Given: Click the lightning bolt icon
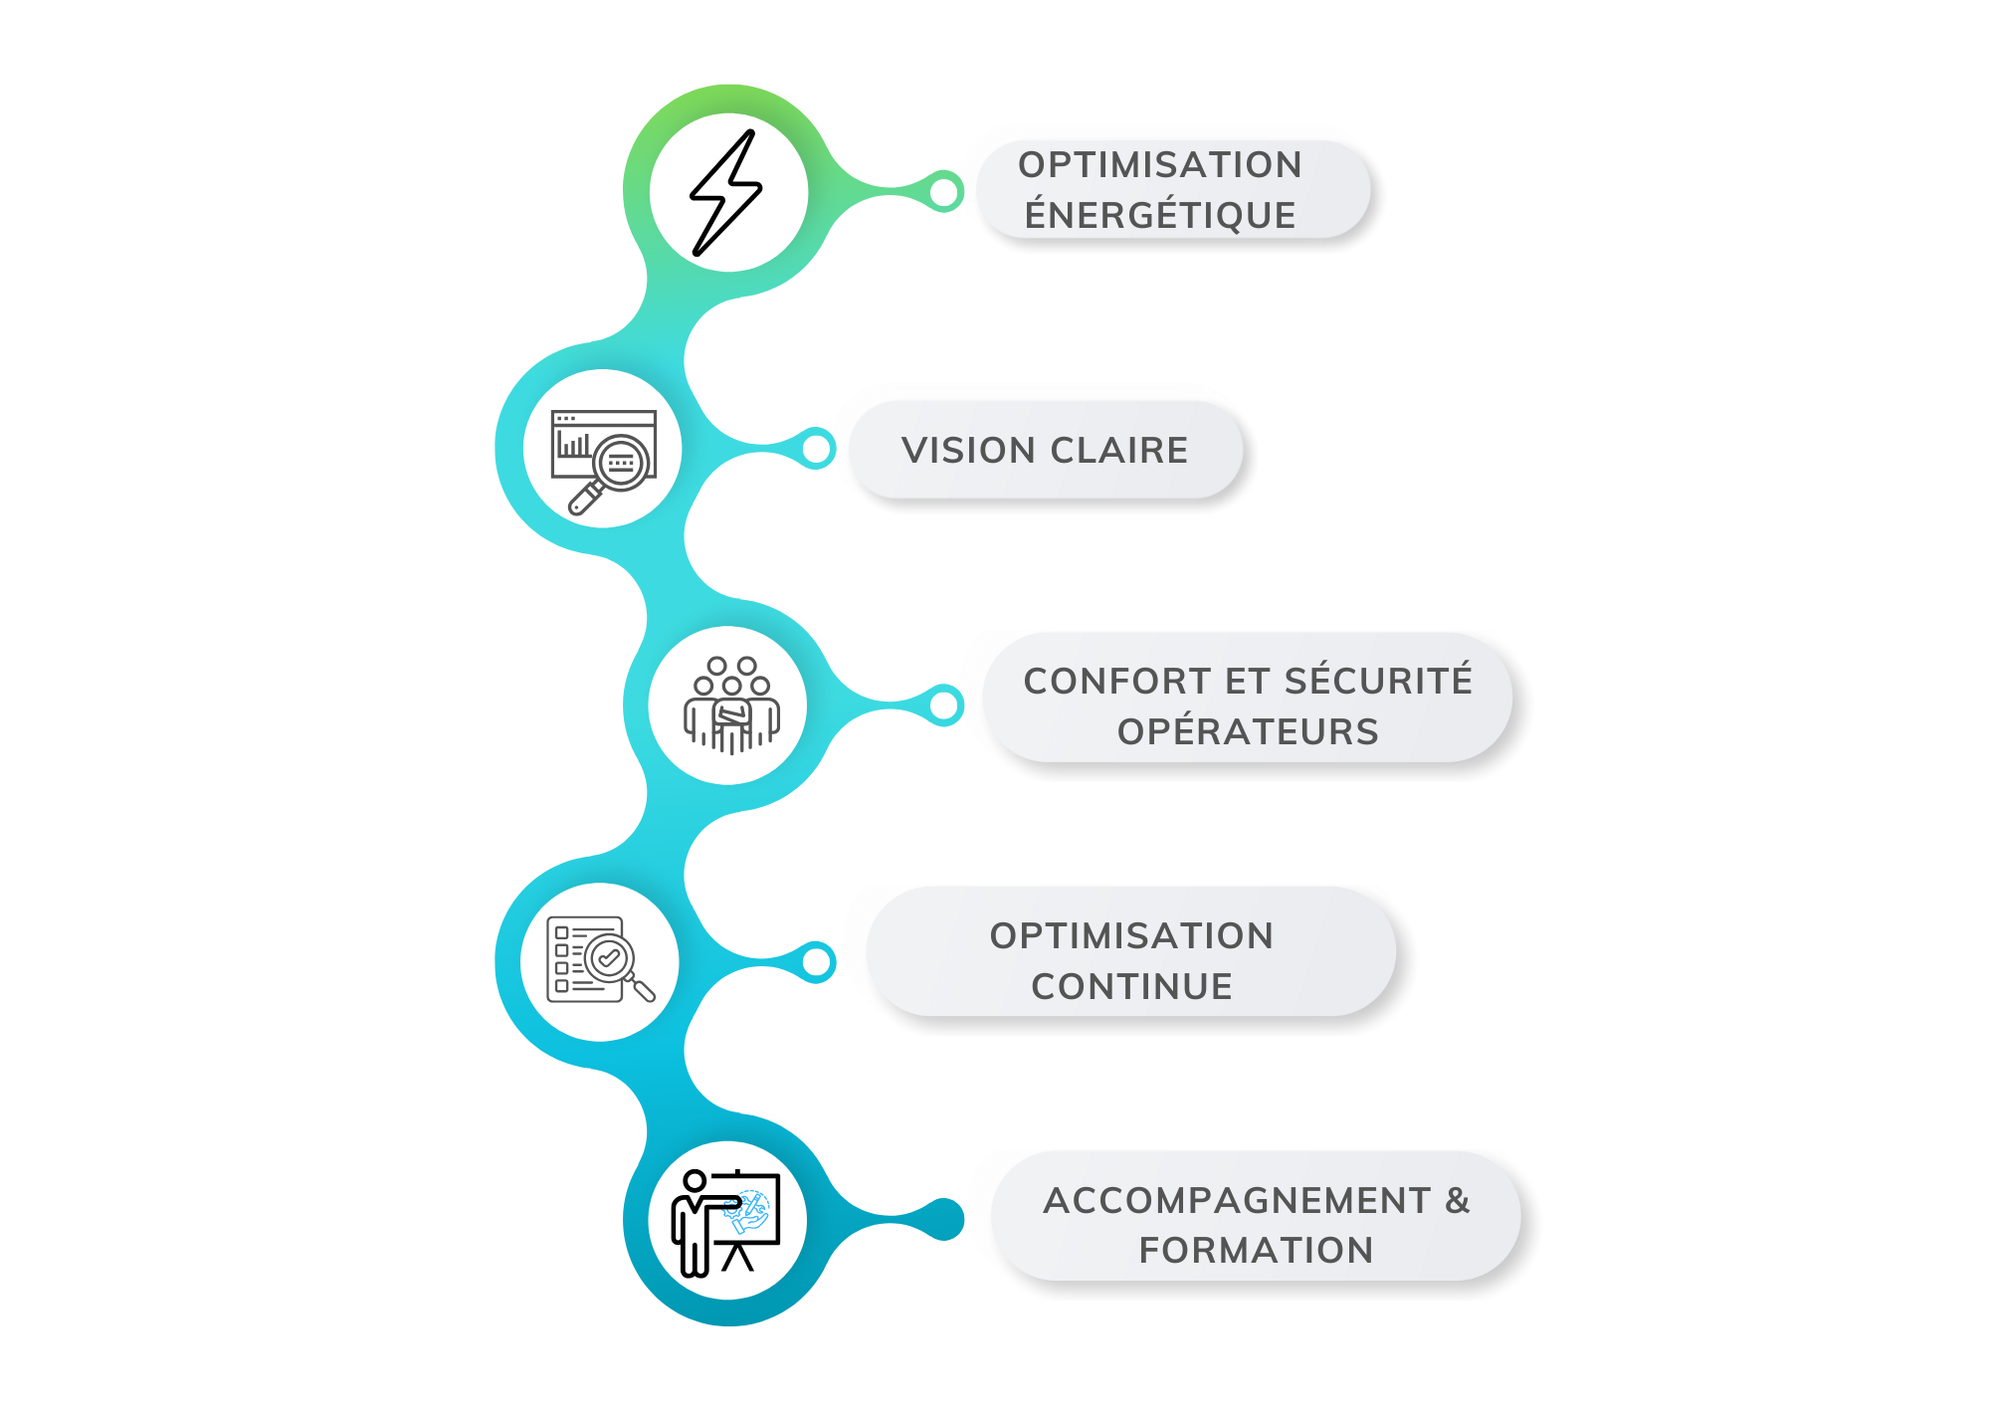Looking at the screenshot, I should click(727, 192).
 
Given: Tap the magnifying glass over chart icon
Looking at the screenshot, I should click(603, 460).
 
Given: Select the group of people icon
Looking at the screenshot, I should click(731, 704).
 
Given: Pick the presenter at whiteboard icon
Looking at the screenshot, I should click(727, 1221).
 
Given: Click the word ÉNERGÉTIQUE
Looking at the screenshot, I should click(1160, 215).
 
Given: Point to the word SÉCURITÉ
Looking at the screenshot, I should click(1377, 682).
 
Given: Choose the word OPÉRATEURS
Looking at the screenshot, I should click(1248, 732).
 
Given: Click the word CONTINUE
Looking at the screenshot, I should click(1131, 987).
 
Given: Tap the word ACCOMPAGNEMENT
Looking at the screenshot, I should click(1237, 1201).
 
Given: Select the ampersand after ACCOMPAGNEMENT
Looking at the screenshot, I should click(1458, 1201).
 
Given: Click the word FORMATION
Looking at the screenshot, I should click(1256, 1251).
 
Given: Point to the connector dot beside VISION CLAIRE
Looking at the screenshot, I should click(816, 450).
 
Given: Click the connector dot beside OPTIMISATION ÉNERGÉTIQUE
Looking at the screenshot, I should click(943, 192).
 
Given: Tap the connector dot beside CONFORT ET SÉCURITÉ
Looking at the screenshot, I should click(943, 706).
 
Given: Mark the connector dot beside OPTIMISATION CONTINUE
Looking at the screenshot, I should click(816, 962).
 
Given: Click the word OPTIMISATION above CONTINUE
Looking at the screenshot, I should click(1131, 936).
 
